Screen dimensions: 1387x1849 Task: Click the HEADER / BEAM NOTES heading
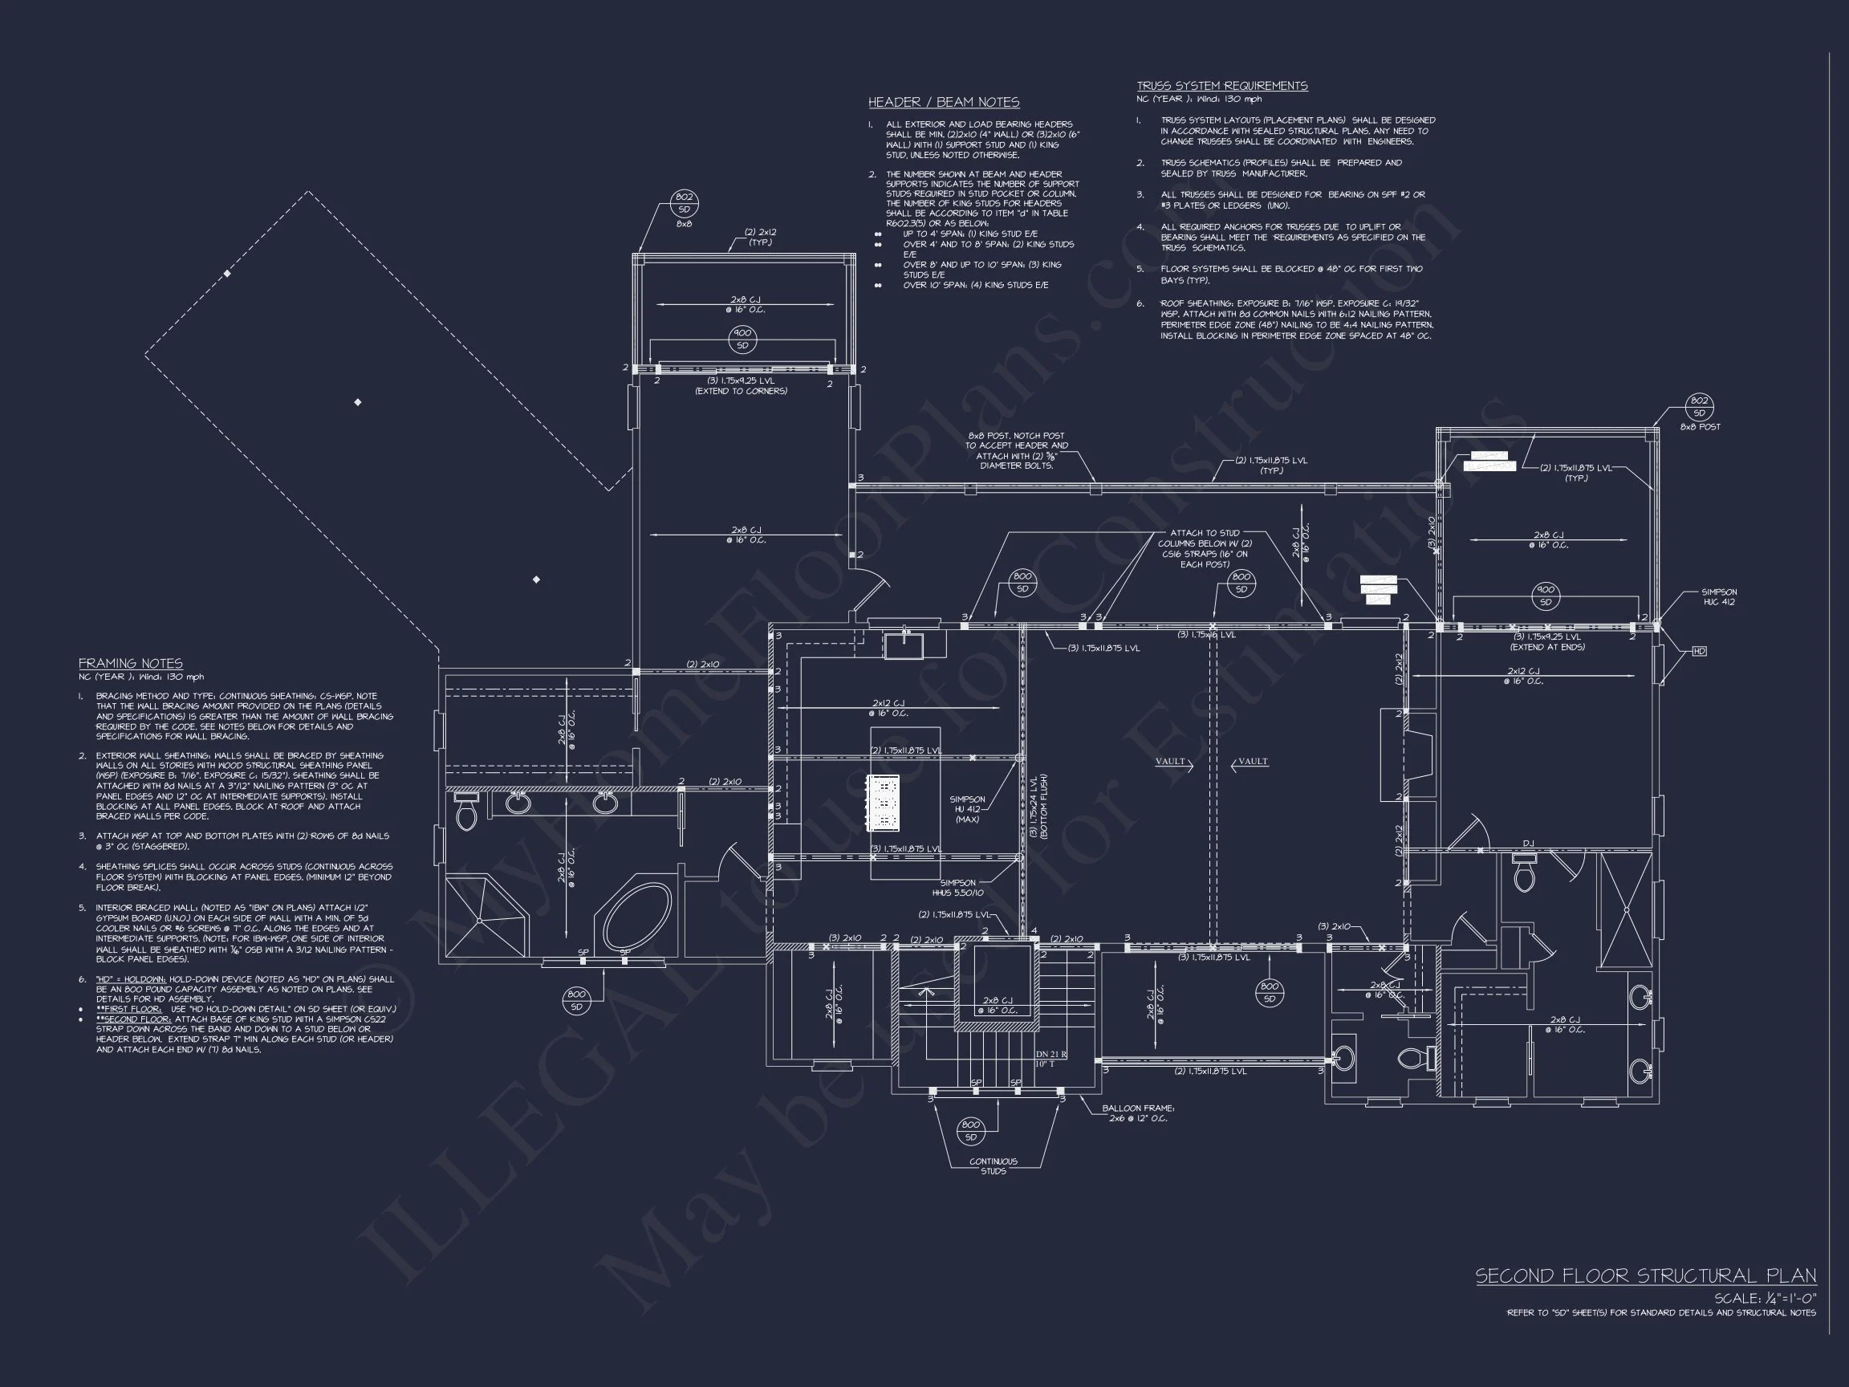click(943, 102)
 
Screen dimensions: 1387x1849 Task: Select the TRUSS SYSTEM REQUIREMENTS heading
click(1221, 85)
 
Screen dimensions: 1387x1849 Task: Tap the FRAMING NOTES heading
click(130, 663)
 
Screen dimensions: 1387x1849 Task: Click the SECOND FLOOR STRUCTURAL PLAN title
click(1645, 1275)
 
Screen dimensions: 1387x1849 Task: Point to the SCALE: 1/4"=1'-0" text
click(1765, 1299)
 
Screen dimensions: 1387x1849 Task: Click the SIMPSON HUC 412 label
click(1719, 597)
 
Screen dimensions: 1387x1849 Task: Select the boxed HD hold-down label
click(1699, 650)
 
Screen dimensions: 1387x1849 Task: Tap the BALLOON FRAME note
click(1138, 1112)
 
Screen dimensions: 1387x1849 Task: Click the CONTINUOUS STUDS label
click(993, 1165)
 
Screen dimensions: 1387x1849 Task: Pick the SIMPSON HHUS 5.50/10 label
click(958, 888)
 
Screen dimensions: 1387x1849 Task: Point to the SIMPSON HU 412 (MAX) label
click(967, 808)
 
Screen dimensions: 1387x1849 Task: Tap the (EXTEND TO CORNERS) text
click(741, 390)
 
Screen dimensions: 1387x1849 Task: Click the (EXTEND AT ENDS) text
click(1546, 647)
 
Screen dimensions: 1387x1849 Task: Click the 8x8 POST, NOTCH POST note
click(1017, 450)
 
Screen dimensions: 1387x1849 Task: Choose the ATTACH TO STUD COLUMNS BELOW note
click(1205, 547)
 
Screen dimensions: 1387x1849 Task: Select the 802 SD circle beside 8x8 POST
click(1699, 407)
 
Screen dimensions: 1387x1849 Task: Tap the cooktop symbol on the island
click(884, 803)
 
